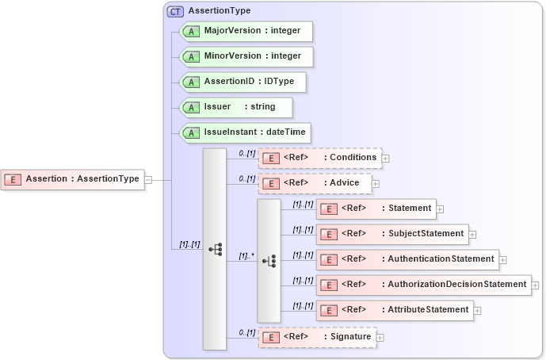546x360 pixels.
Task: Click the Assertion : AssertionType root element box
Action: (x=73, y=179)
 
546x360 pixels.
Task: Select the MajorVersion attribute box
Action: (x=246, y=31)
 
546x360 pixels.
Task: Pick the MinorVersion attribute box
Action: (x=246, y=56)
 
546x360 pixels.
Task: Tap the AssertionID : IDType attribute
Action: (x=242, y=82)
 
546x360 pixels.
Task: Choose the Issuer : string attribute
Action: (x=235, y=107)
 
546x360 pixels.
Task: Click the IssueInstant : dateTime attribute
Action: (x=245, y=132)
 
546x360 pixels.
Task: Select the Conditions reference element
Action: (x=320, y=158)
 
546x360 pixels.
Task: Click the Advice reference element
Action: (x=314, y=183)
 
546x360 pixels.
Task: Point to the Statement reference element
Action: (x=376, y=209)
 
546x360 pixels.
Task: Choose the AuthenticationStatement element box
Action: (x=407, y=259)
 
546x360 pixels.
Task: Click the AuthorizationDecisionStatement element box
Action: (x=423, y=284)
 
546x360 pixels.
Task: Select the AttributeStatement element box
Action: (x=395, y=309)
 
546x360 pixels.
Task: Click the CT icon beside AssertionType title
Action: (x=175, y=11)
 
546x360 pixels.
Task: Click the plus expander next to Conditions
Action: (x=385, y=159)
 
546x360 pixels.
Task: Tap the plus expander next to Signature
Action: (x=380, y=338)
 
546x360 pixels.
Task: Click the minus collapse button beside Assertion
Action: (x=148, y=180)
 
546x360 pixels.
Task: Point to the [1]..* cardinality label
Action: (x=246, y=256)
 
